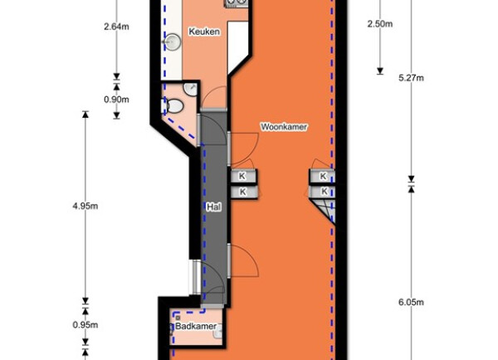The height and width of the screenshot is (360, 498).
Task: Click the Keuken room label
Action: [x=204, y=32]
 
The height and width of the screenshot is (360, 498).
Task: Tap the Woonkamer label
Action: [x=284, y=127]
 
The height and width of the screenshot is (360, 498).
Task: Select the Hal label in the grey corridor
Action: [x=214, y=207]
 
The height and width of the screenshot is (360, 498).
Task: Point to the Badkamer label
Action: [x=196, y=326]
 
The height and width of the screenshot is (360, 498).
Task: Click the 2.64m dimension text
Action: [x=116, y=27]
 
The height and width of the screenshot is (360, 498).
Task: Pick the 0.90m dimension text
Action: [x=116, y=100]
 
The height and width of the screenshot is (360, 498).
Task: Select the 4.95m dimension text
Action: [x=85, y=206]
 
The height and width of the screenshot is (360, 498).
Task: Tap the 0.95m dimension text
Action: [x=85, y=325]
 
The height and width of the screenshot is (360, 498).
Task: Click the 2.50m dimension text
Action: [x=380, y=24]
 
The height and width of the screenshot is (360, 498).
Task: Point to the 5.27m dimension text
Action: [x=411, y=78]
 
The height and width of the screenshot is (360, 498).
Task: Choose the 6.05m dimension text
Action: [x=411, y=302]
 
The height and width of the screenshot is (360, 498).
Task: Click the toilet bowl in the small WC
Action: [x=174, y=105]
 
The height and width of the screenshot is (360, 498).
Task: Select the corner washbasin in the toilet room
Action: [x=191, y=89]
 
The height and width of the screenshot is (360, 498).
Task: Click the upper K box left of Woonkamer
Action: [x=242, y=176]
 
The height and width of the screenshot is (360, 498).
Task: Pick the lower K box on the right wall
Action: [x=323, y=191]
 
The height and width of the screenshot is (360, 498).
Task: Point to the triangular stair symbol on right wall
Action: [x=324, y=210]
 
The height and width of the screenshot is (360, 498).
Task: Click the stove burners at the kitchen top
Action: [x=237, y=2]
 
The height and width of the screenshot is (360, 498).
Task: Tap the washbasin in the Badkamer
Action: [x=217, y=333]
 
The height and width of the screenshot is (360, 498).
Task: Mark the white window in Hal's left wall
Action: [x=195, y=277]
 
